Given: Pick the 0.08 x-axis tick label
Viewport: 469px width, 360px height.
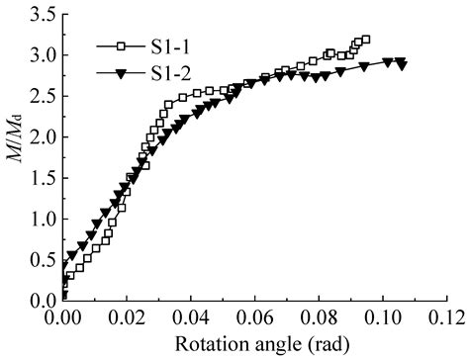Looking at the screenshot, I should (319, 320).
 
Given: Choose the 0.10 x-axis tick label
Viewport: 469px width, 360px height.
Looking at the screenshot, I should (383, 320).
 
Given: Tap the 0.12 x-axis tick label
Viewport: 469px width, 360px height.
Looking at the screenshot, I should (445, 320).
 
